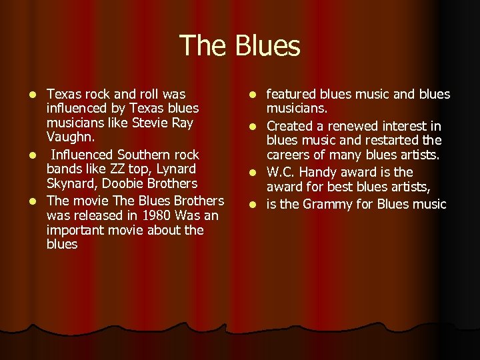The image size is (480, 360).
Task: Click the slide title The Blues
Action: point(240,46)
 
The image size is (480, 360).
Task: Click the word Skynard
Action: point(71,183)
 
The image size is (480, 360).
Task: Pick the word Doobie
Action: point(123,183)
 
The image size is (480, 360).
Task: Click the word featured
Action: point(292,94)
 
